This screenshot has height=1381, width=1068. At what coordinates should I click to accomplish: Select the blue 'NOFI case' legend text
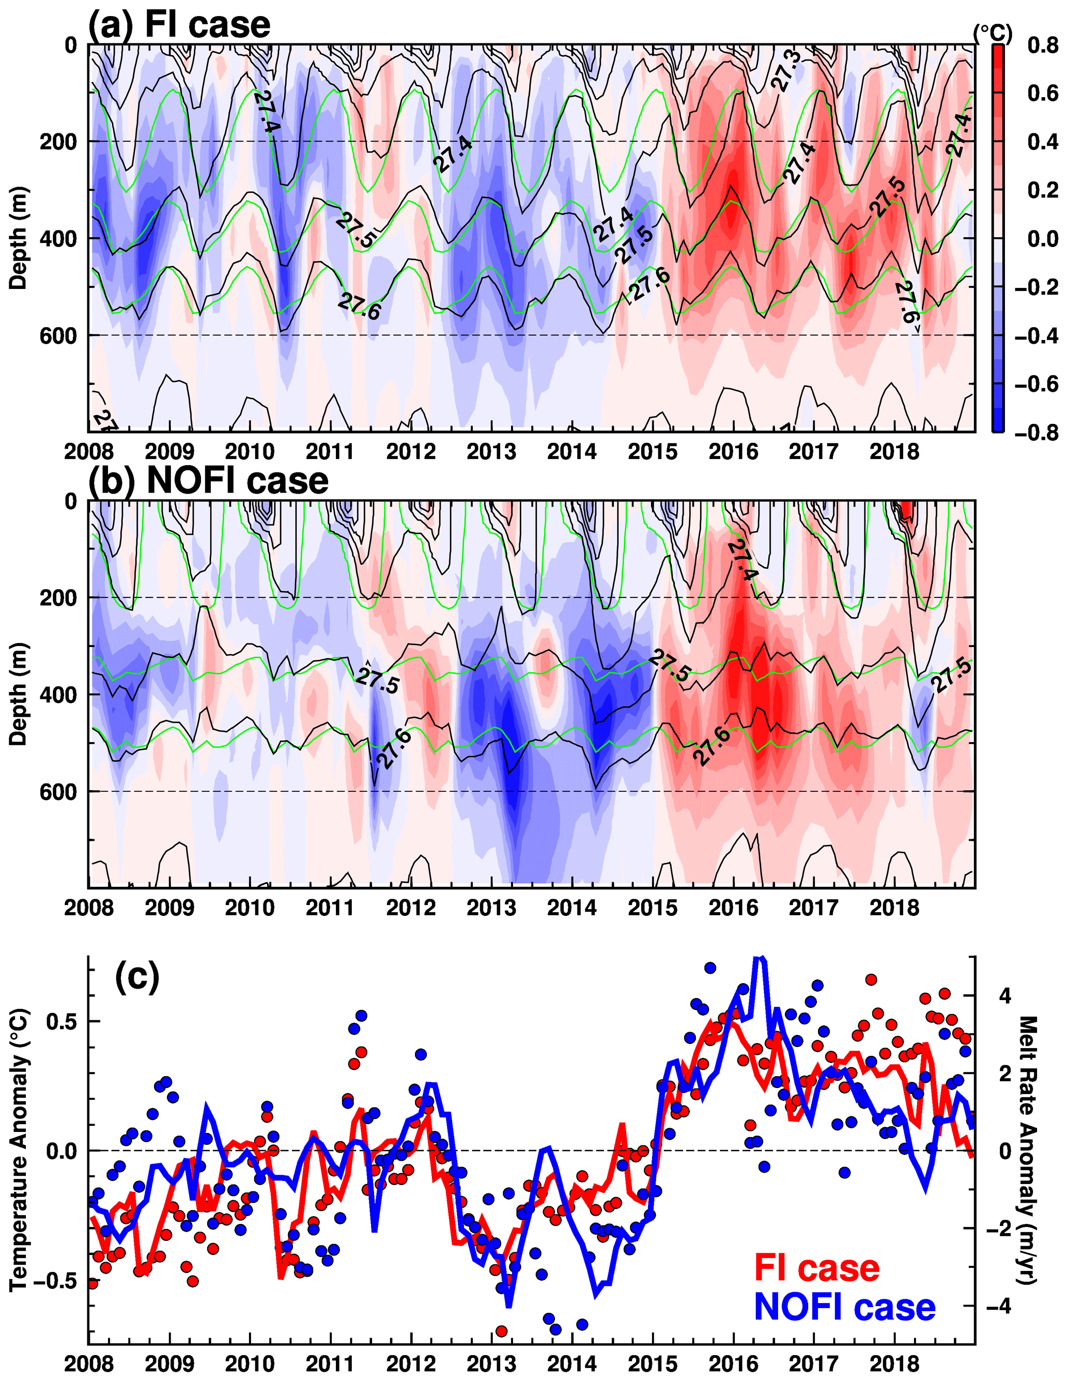click(x=844, y=1307)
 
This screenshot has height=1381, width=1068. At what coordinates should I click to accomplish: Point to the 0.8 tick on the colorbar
click(x=1042, y=45)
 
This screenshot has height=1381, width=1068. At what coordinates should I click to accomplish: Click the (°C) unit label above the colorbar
click(x=992, y=34)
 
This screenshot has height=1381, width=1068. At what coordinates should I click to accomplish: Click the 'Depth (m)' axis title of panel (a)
click(x=19, y=238)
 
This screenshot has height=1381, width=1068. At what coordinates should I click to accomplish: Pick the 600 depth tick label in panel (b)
click(x=58, y=792)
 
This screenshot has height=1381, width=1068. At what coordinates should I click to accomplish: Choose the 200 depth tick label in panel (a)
click(x=58, y=142)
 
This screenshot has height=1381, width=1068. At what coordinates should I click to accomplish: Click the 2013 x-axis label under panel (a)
click(x=491, y=452)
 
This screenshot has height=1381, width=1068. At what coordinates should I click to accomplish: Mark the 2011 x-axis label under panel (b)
click(x=330, y=909)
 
